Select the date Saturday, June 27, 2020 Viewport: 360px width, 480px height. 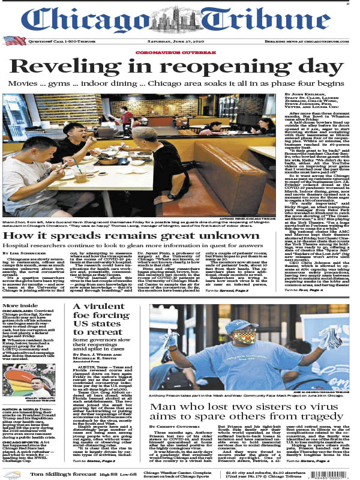tap(180, 41)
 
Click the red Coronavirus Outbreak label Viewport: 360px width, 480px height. tap(179, 52)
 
